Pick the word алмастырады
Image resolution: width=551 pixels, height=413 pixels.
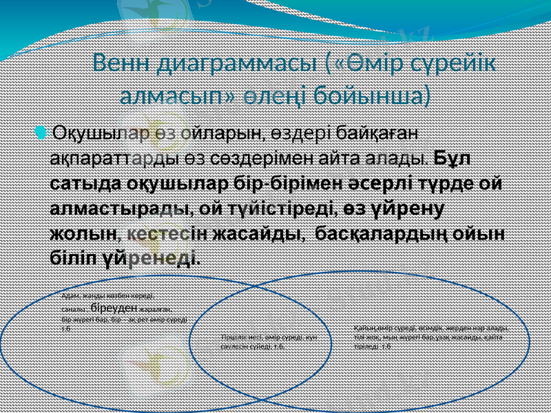pos(121,209)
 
